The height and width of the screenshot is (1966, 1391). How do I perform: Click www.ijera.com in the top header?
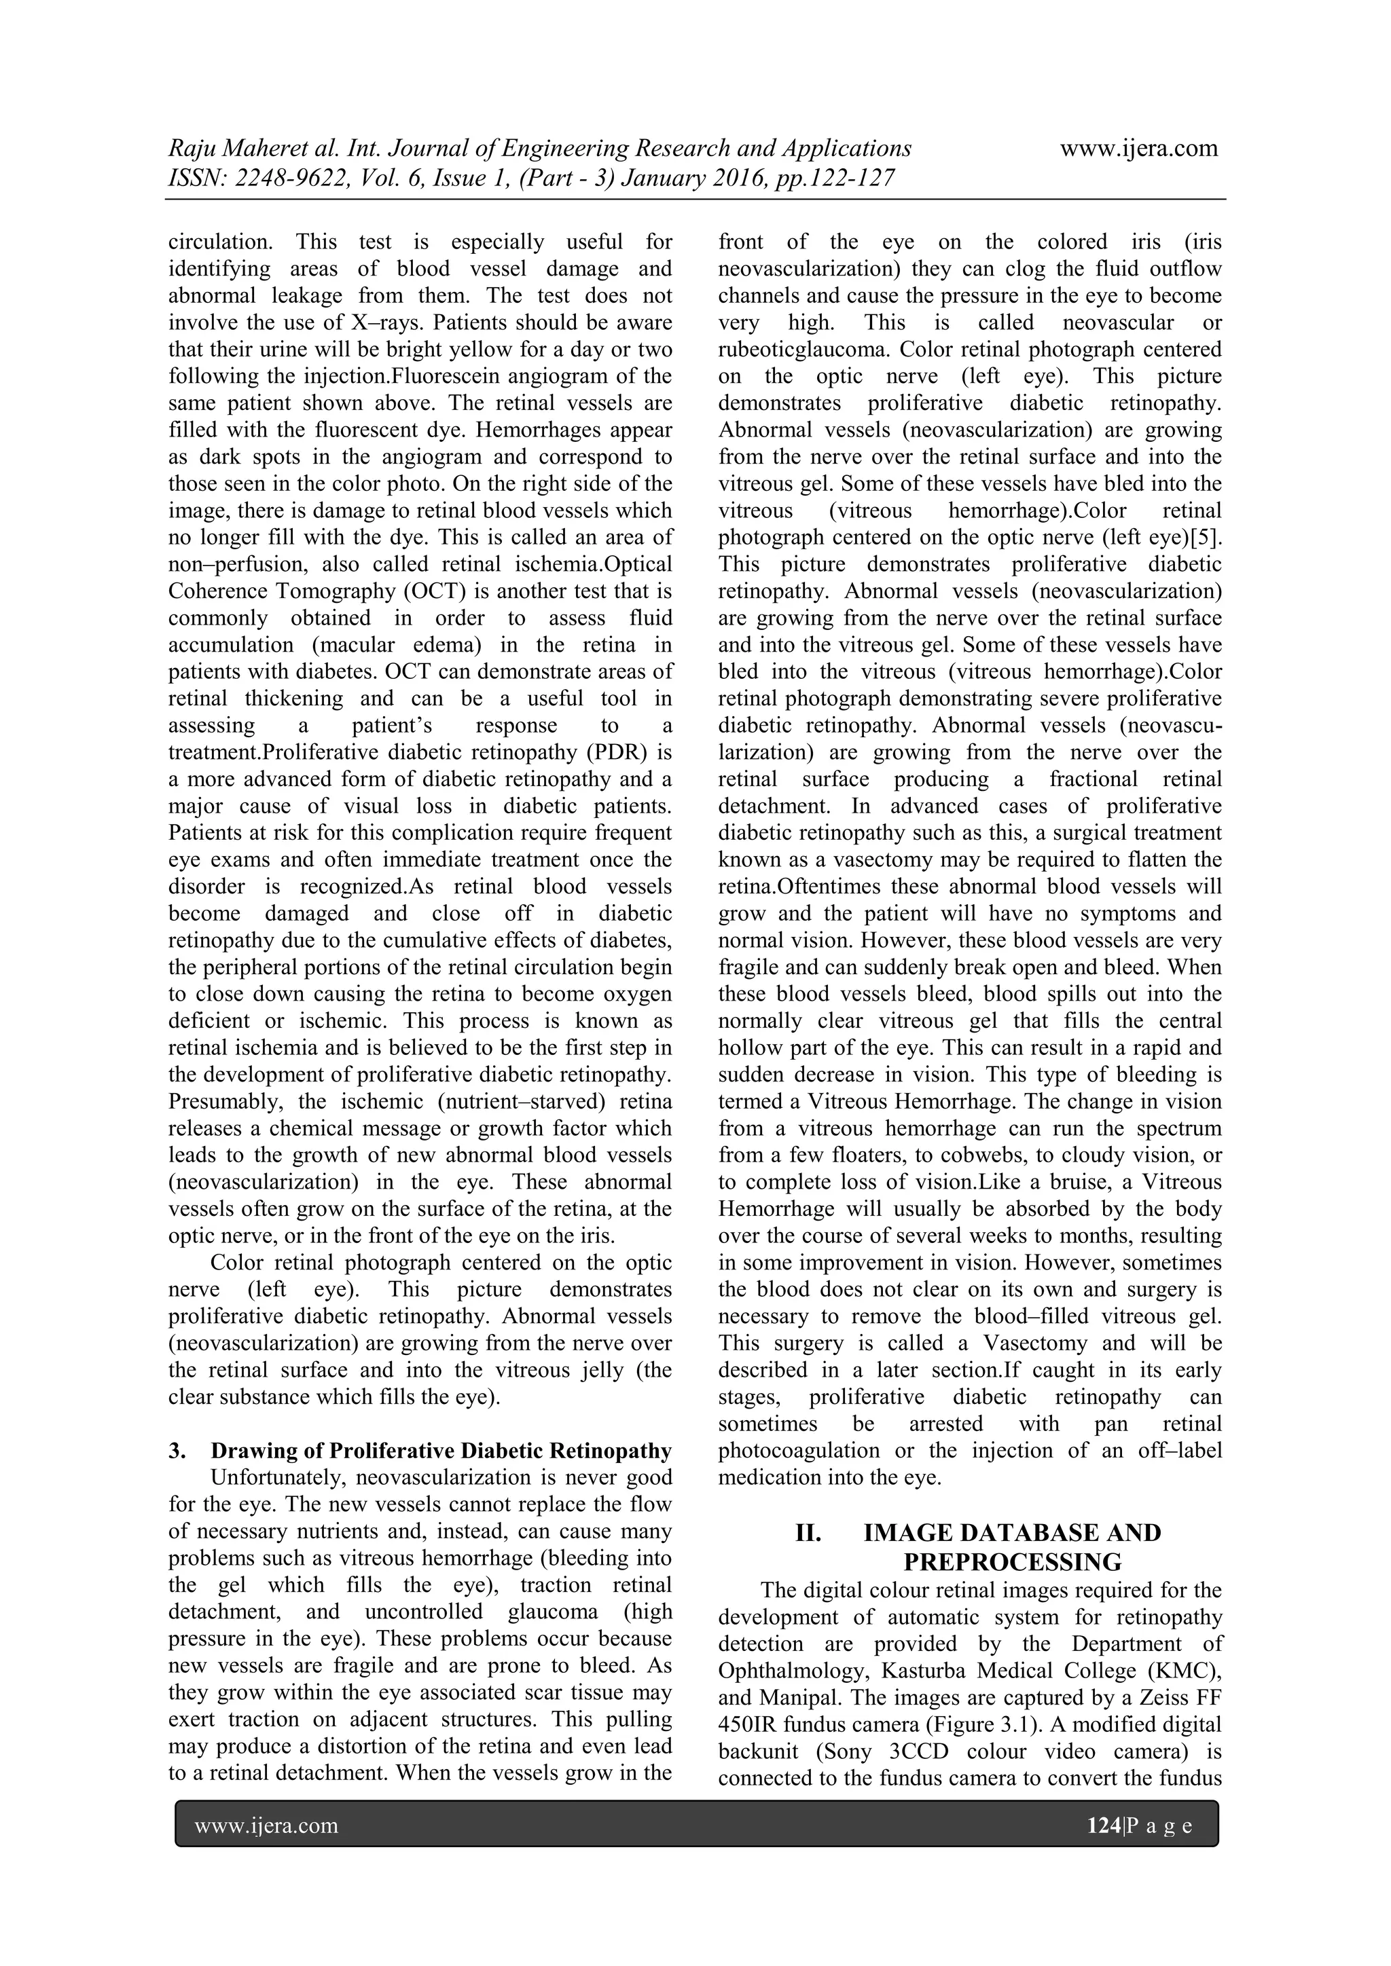pyautogui.click(x=1138, y=148)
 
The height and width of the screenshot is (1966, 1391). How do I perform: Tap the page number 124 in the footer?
pyautogui.click(x=1103, y=1825)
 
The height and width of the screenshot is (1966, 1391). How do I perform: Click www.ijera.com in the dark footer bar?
pyautogui.click(x=266, y=1825)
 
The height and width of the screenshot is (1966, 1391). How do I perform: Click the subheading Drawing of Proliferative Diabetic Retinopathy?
pyautogui.click(x=441, y=1451)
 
